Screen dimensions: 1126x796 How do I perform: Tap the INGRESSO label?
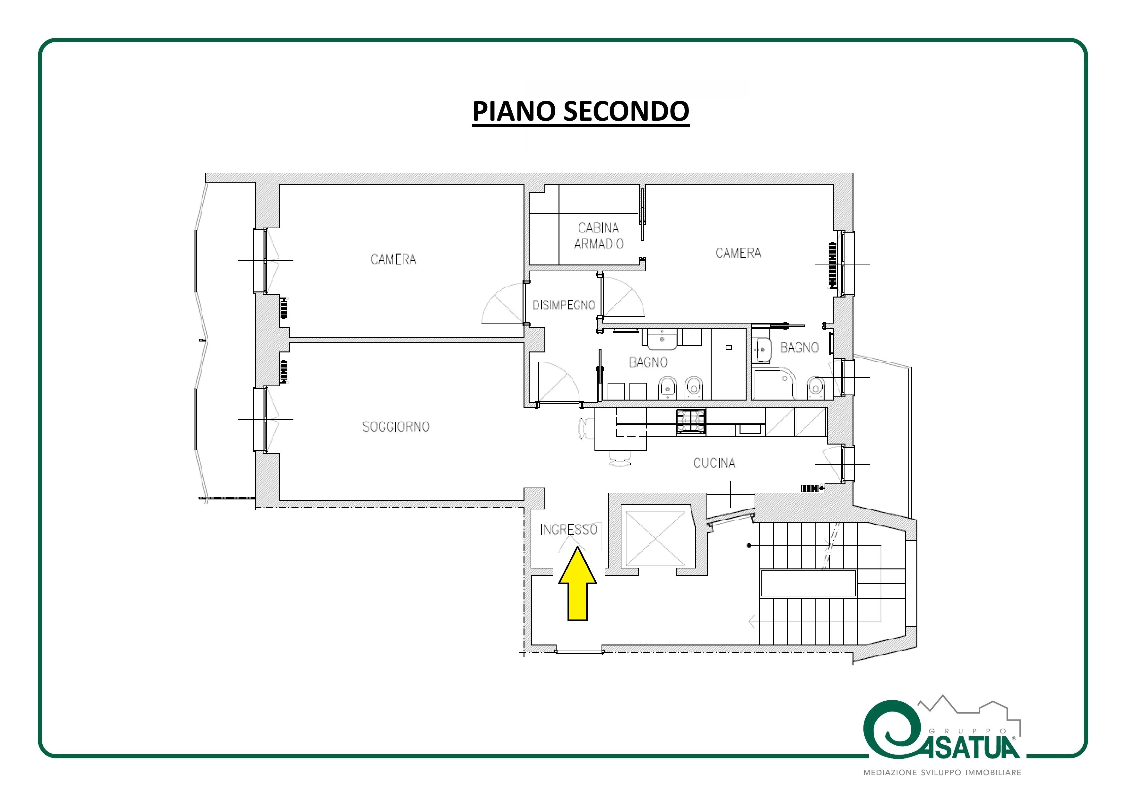click(x=569, y=530)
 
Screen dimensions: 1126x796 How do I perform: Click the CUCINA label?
click(x=714, y=463)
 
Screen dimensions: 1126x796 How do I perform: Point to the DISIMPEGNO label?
click(x=564, y=305)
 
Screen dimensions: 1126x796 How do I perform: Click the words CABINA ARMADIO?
click(x=599, y=236)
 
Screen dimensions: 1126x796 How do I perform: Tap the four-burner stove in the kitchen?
click(x=691, y=422)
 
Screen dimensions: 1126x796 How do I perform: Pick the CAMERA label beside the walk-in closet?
click(x=738, y=253)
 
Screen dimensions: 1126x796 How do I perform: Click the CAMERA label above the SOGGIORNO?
click(x=393, y=259)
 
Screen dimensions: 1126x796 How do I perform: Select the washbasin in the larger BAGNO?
click(x=662, y=339)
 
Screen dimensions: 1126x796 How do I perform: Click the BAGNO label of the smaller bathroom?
click(x=799, y=348)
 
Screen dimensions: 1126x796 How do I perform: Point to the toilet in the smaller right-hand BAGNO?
click(x=815, y=387)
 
